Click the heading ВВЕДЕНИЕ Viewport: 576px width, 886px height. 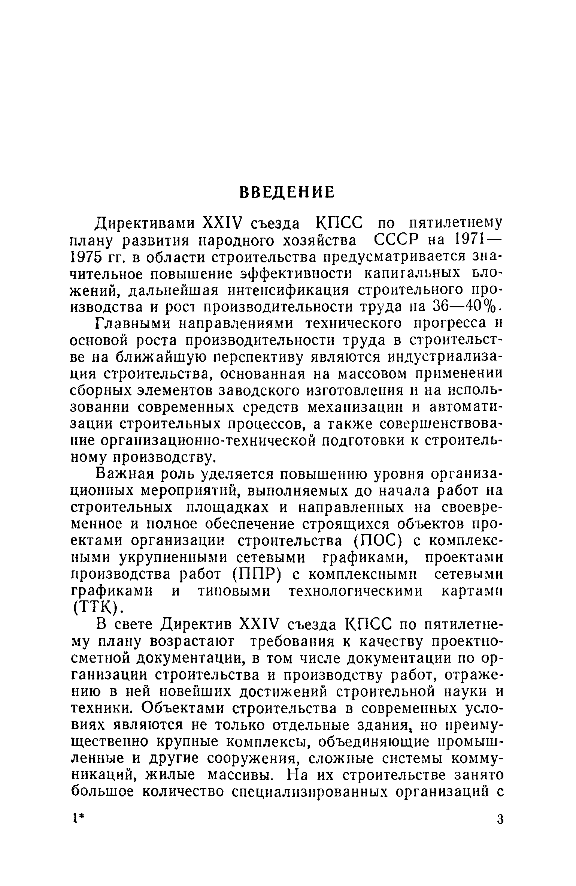(x=287, y=192)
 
